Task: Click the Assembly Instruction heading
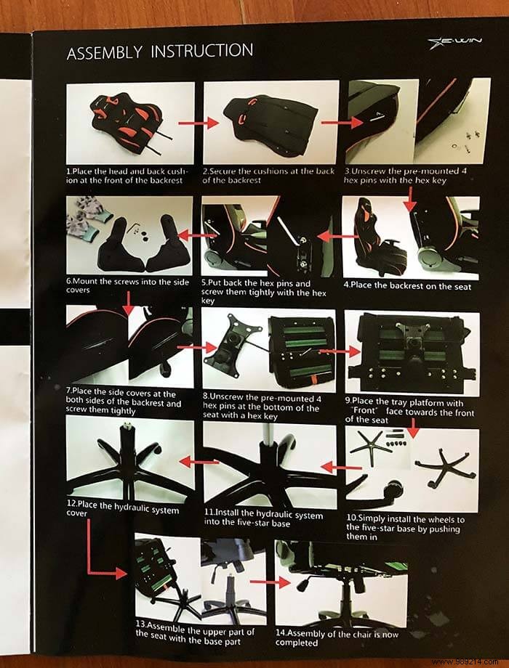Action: [160, 52]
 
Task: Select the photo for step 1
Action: [130, 121]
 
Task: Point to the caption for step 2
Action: [270, 176]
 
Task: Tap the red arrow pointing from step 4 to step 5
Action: [330, 235]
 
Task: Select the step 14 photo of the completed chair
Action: [334, 574]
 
